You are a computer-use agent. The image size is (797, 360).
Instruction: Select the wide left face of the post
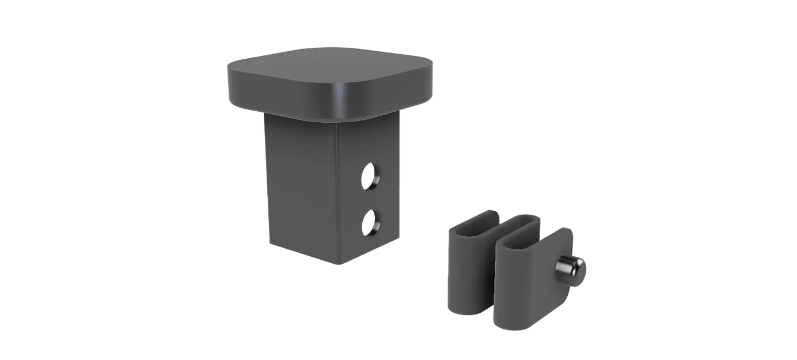point(299,184)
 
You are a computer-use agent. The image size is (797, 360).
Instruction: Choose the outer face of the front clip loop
point(518,282)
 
